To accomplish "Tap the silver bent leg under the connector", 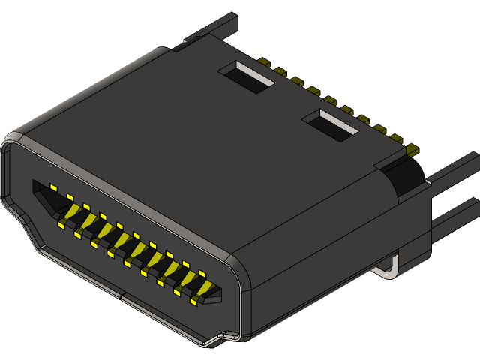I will click(x=389, y=268).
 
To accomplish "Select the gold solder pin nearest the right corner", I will click(x=411, y=150).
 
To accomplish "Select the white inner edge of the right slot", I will click(x=338, y=121).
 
